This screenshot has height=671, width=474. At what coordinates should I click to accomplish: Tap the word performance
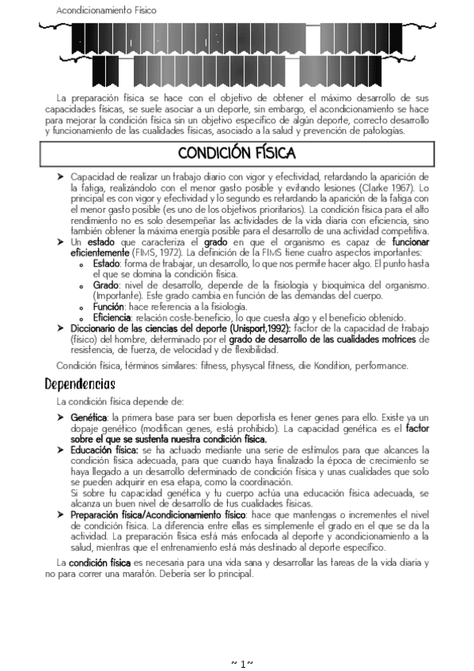[x=381, y=366]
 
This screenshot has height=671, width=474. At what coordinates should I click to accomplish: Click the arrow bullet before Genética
[x=60, y=417]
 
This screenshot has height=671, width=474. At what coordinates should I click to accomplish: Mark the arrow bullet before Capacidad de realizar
[x=60, y=176]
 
